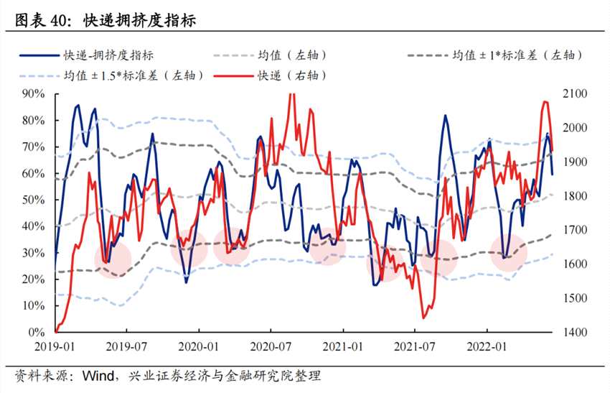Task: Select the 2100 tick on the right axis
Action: point(575,94)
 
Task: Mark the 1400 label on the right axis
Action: point(575,333)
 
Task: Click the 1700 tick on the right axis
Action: point(575,231)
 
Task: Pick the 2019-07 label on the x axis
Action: point(127,346)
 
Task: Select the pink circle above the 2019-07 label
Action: point(113,260)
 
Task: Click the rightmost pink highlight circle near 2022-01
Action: point(509,252)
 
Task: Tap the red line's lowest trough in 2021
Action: point(423,317)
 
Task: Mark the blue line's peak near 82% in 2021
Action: point(445,116)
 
